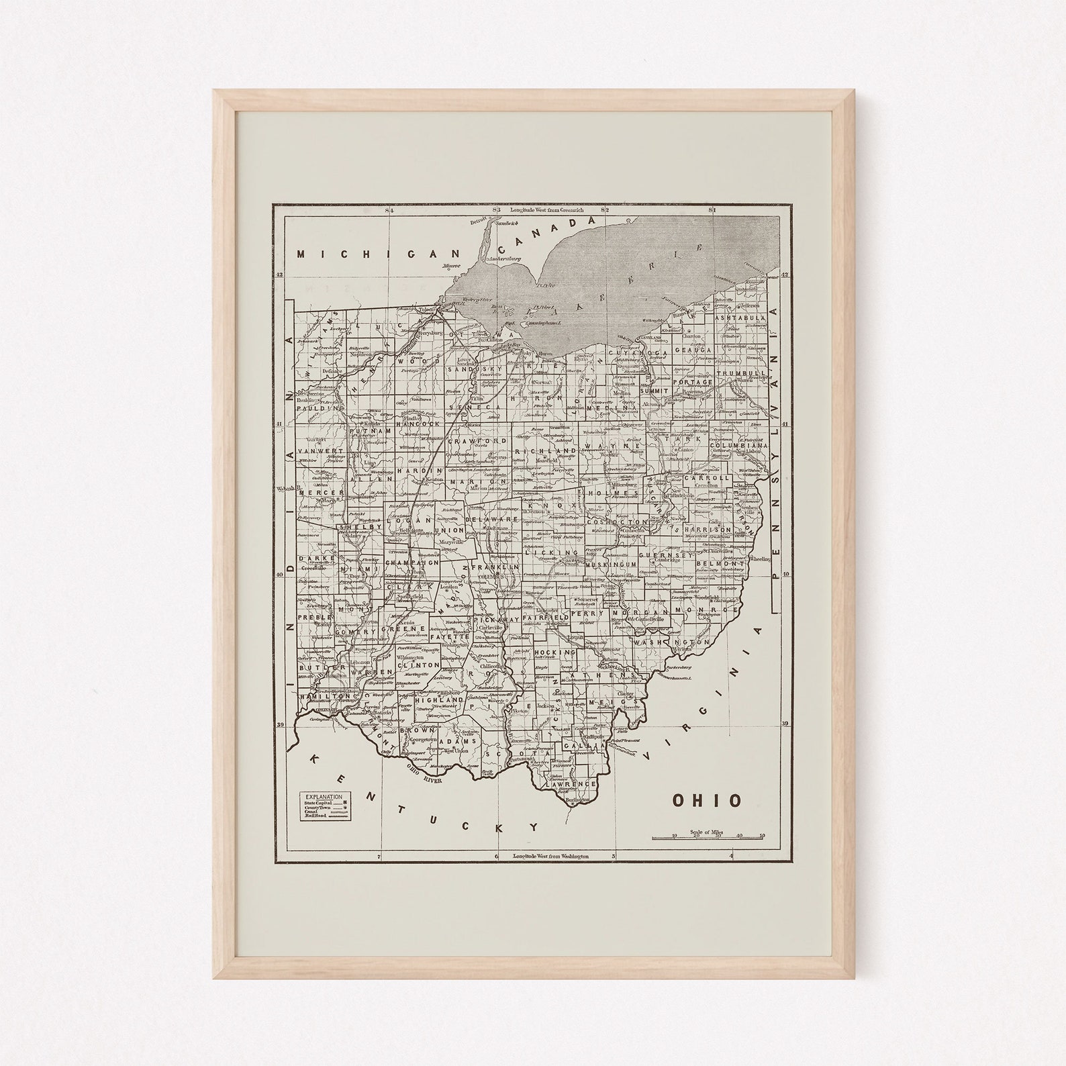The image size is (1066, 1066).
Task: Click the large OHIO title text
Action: (708, 800)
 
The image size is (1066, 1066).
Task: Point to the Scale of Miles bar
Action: (709, 837)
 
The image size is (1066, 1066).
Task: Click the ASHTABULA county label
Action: (740, 318)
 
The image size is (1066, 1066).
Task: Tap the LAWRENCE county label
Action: (571, 783)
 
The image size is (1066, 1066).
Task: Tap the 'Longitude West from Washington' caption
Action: (550, 857)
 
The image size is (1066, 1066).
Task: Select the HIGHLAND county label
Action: (436, 699)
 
